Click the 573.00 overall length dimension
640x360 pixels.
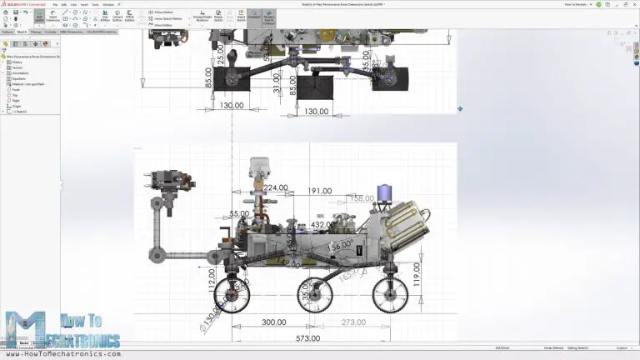click(307, 339)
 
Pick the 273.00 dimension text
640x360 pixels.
click(353, 322)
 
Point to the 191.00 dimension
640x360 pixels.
click(320, 192)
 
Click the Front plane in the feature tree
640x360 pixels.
click(16, 89)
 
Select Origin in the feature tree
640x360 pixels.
click(17, 105)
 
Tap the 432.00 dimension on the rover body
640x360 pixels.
click(323, 225)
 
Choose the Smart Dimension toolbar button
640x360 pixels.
click(53, 17)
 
